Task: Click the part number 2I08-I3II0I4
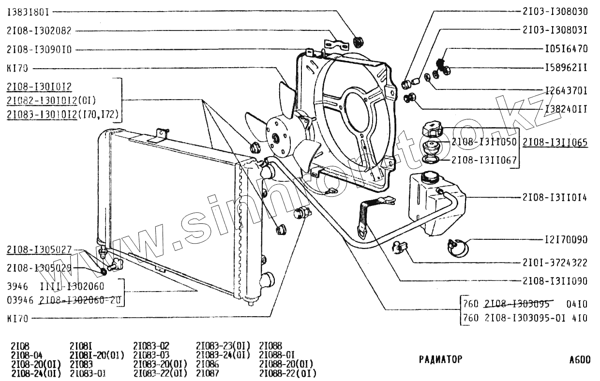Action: [x=555, y=197]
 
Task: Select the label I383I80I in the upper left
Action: [x=28, y=11]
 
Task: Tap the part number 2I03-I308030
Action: [x=555, y=11]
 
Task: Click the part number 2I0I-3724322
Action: [x=555, y=263]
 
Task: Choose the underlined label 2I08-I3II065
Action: [x=555, y=142]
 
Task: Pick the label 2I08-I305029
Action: [x=39, y=268]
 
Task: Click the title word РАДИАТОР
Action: [x=440, y=359]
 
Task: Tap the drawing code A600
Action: [x=580, y=360]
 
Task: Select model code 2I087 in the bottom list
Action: [x=208, y=373]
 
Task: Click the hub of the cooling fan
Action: [x=276, y=138]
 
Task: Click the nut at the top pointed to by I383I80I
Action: [x=359, y=41]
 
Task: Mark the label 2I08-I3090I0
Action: [x=39, y=49]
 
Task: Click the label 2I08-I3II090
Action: [x=555, y=280]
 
